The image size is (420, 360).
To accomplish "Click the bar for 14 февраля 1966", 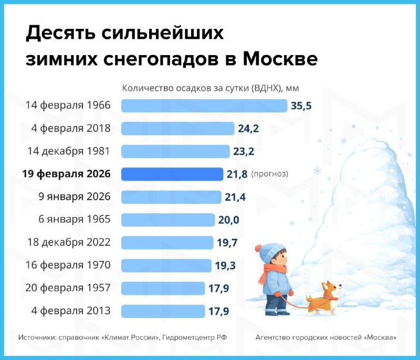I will (x=204, y=105).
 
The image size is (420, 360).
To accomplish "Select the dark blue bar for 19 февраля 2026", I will (x=172, y=174).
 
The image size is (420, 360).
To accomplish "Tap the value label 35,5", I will (x=301, y=106).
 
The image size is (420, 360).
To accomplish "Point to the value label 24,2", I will (x=248, y=129).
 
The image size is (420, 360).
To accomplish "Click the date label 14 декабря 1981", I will (x=68, y=151).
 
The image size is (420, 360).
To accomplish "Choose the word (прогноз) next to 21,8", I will (x=270, y=174).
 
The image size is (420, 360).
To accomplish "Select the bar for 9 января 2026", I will (x=172, y=197).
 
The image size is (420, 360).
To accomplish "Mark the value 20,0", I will (x=228, y=220).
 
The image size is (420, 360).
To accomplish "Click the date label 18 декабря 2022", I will (x=68, y=242).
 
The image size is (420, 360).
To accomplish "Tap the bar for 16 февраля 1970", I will (x=166, y=266).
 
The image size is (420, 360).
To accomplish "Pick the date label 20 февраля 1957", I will (x=68, y=288).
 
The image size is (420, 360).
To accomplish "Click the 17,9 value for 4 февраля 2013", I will (x=219, y=311).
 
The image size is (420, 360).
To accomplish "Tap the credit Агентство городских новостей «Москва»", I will (x=325, y=337).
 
